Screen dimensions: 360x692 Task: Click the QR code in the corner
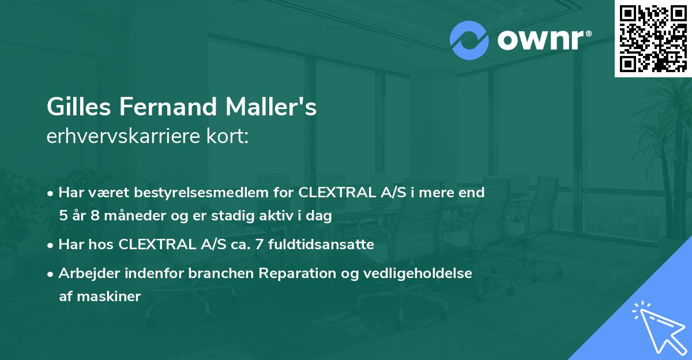coord(653,38)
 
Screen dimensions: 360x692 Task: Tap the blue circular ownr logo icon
coord(469,40)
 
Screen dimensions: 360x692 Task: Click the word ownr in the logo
coord(544,40)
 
